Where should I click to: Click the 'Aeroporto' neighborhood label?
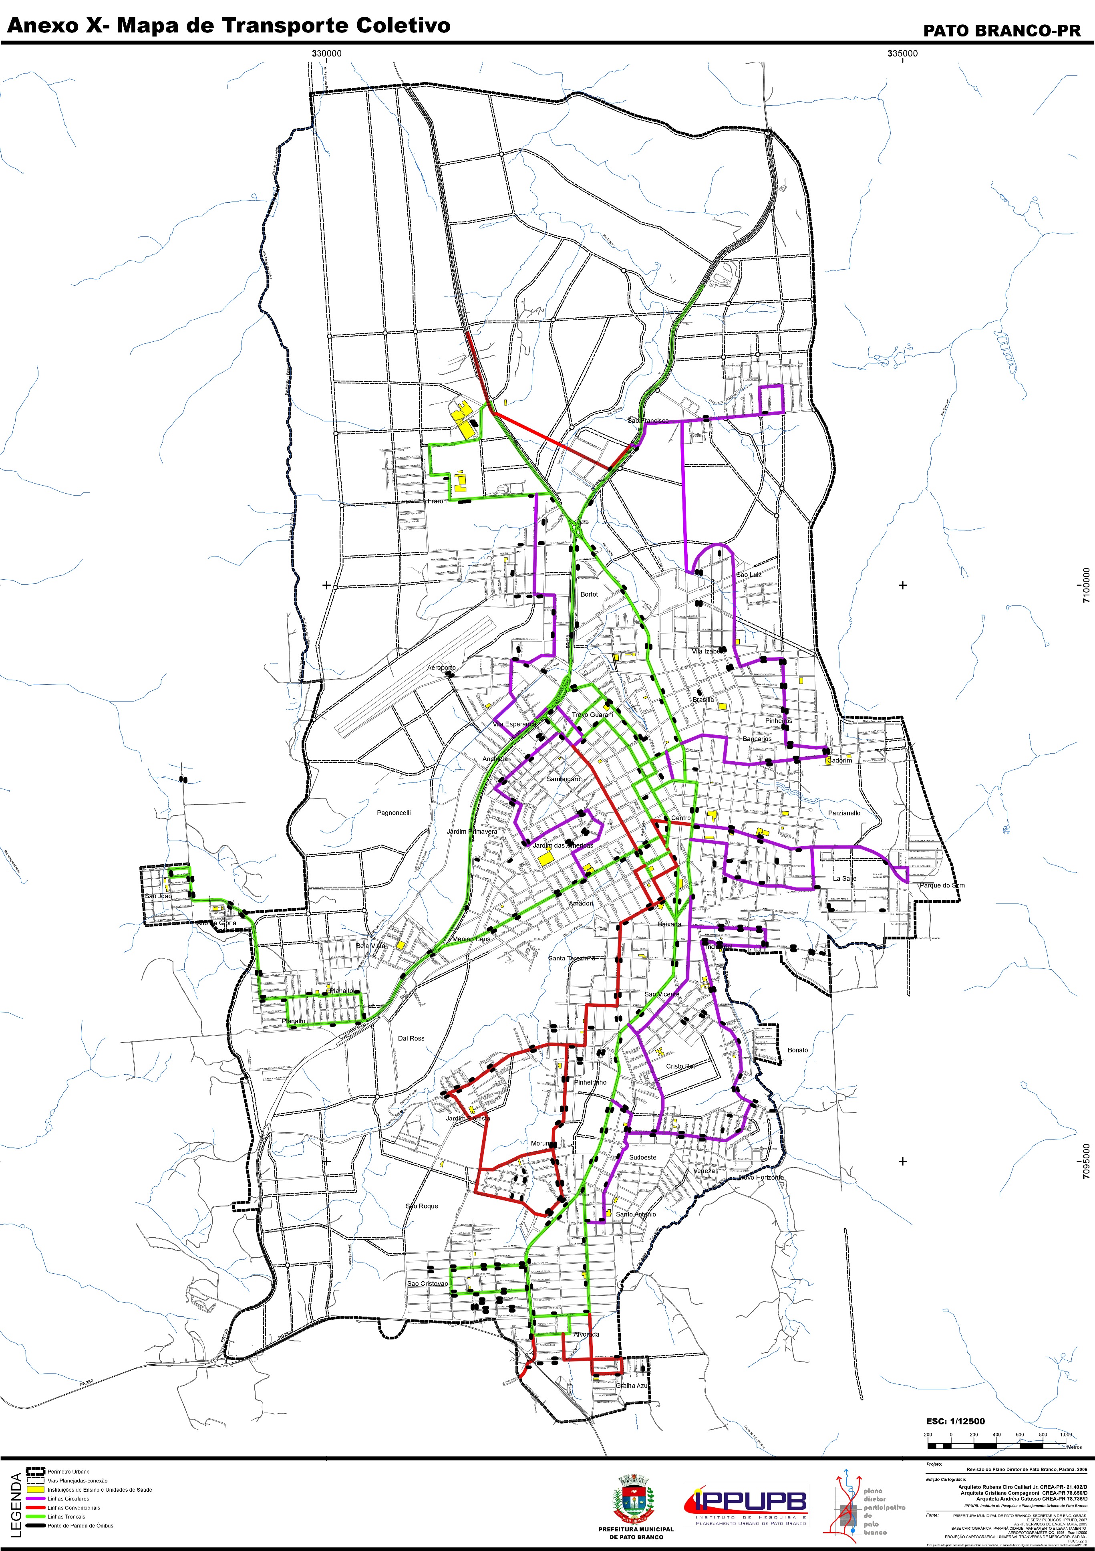pyautogui.click(x=441, y=668)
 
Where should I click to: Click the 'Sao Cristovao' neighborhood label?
pyautogui.click(x=427, y=1283)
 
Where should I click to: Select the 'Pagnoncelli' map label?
pyautogui.click(x=394, y=813)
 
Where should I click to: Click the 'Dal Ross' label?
pyautogui.click(x=411, y=1038)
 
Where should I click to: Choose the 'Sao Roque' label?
pyautogui.click(x=422, y=1206)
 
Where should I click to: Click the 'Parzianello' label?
pyautogui.click(x=844, y=813)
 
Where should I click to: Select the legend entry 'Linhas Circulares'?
pyautogui.click(x=68, y=1498)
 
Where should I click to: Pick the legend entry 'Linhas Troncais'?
pyautogui.click(x=66, y=1517)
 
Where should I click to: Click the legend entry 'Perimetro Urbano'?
pyautogui.click(x=68, y=1471)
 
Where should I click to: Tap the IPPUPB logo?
pyautogui.click(x=746, y=1504)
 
